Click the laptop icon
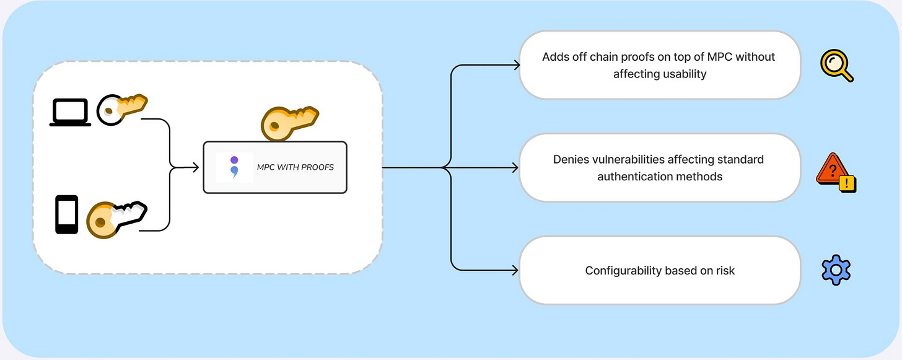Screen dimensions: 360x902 pos(70,113)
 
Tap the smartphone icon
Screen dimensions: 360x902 pos(67,214)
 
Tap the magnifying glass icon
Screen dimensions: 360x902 pos(836,66)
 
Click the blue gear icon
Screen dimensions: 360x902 pos(836,270)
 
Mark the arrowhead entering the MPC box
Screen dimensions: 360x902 pos(195,167)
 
